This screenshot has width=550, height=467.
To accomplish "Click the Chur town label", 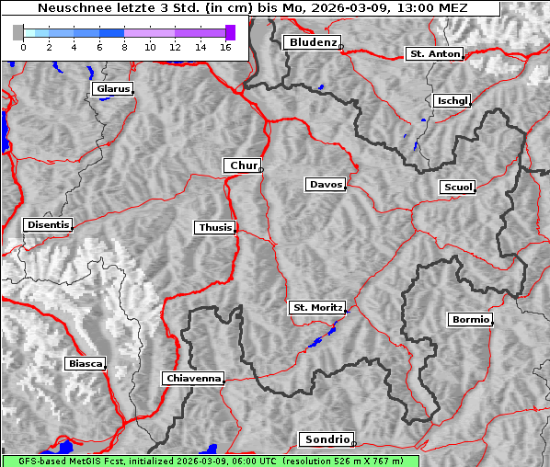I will [243, 165].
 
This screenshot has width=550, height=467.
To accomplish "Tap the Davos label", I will [325, 185].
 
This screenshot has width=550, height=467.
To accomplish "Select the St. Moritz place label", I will [316, 308].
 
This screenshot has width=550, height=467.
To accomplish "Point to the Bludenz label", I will [311, 42].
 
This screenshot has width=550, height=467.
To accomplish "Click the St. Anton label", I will [433, 54].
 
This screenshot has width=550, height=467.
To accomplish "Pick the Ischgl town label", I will [453, 100].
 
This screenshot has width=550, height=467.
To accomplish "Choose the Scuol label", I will [458, 188].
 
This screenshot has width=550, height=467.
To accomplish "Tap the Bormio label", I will [470, 320].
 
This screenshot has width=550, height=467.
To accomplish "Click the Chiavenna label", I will [193, 378].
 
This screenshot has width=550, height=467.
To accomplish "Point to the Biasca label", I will [86, 363].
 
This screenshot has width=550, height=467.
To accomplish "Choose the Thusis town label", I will [215, 227].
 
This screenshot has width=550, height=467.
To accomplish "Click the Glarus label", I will [111, 89].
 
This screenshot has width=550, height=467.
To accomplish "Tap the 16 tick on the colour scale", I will [225, 46].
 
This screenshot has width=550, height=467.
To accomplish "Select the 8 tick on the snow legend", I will [123, 46].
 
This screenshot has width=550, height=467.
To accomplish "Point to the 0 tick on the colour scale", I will [22, 46].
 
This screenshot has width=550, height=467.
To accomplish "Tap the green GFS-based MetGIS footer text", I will [211, 461].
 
